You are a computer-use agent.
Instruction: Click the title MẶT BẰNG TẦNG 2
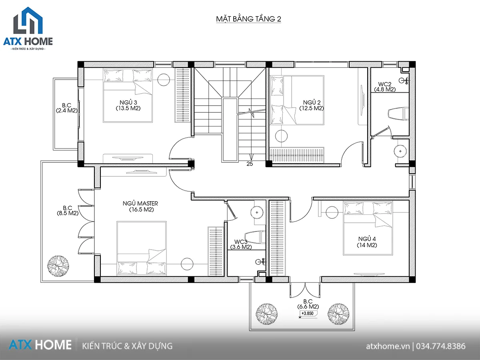tap(249, 19)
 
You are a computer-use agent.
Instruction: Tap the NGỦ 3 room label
tap(128, 105)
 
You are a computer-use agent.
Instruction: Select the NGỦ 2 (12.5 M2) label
tap(312, 105)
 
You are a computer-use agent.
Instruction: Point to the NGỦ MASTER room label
tap(140, 206)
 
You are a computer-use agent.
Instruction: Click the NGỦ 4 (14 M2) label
tap(367, 242)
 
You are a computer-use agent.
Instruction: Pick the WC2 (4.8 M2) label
tap(385, 87)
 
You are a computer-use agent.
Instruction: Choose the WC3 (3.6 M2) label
tap(241, 244)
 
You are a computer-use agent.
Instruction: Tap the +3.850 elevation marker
tap(308, 313)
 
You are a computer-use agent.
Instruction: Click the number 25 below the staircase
tap(250, 164)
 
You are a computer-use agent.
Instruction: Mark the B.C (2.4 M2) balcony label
tap(67, 108)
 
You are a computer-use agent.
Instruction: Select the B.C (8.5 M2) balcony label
tap(68, 210)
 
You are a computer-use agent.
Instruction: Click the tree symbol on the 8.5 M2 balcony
tap(58, 266)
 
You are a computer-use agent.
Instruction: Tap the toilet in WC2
tap(398, 114)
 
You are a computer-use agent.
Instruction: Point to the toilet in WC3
tap(255, 237)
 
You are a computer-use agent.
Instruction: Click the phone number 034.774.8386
tap(441, 346)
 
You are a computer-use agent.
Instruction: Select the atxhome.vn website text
tap(388, 346)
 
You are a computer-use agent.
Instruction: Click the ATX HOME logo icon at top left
tap(28, 20)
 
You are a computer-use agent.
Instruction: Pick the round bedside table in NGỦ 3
tap(164, 80)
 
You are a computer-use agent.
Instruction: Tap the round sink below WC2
tap(400, 151)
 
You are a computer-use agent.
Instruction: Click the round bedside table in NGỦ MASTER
tap(187, 264)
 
